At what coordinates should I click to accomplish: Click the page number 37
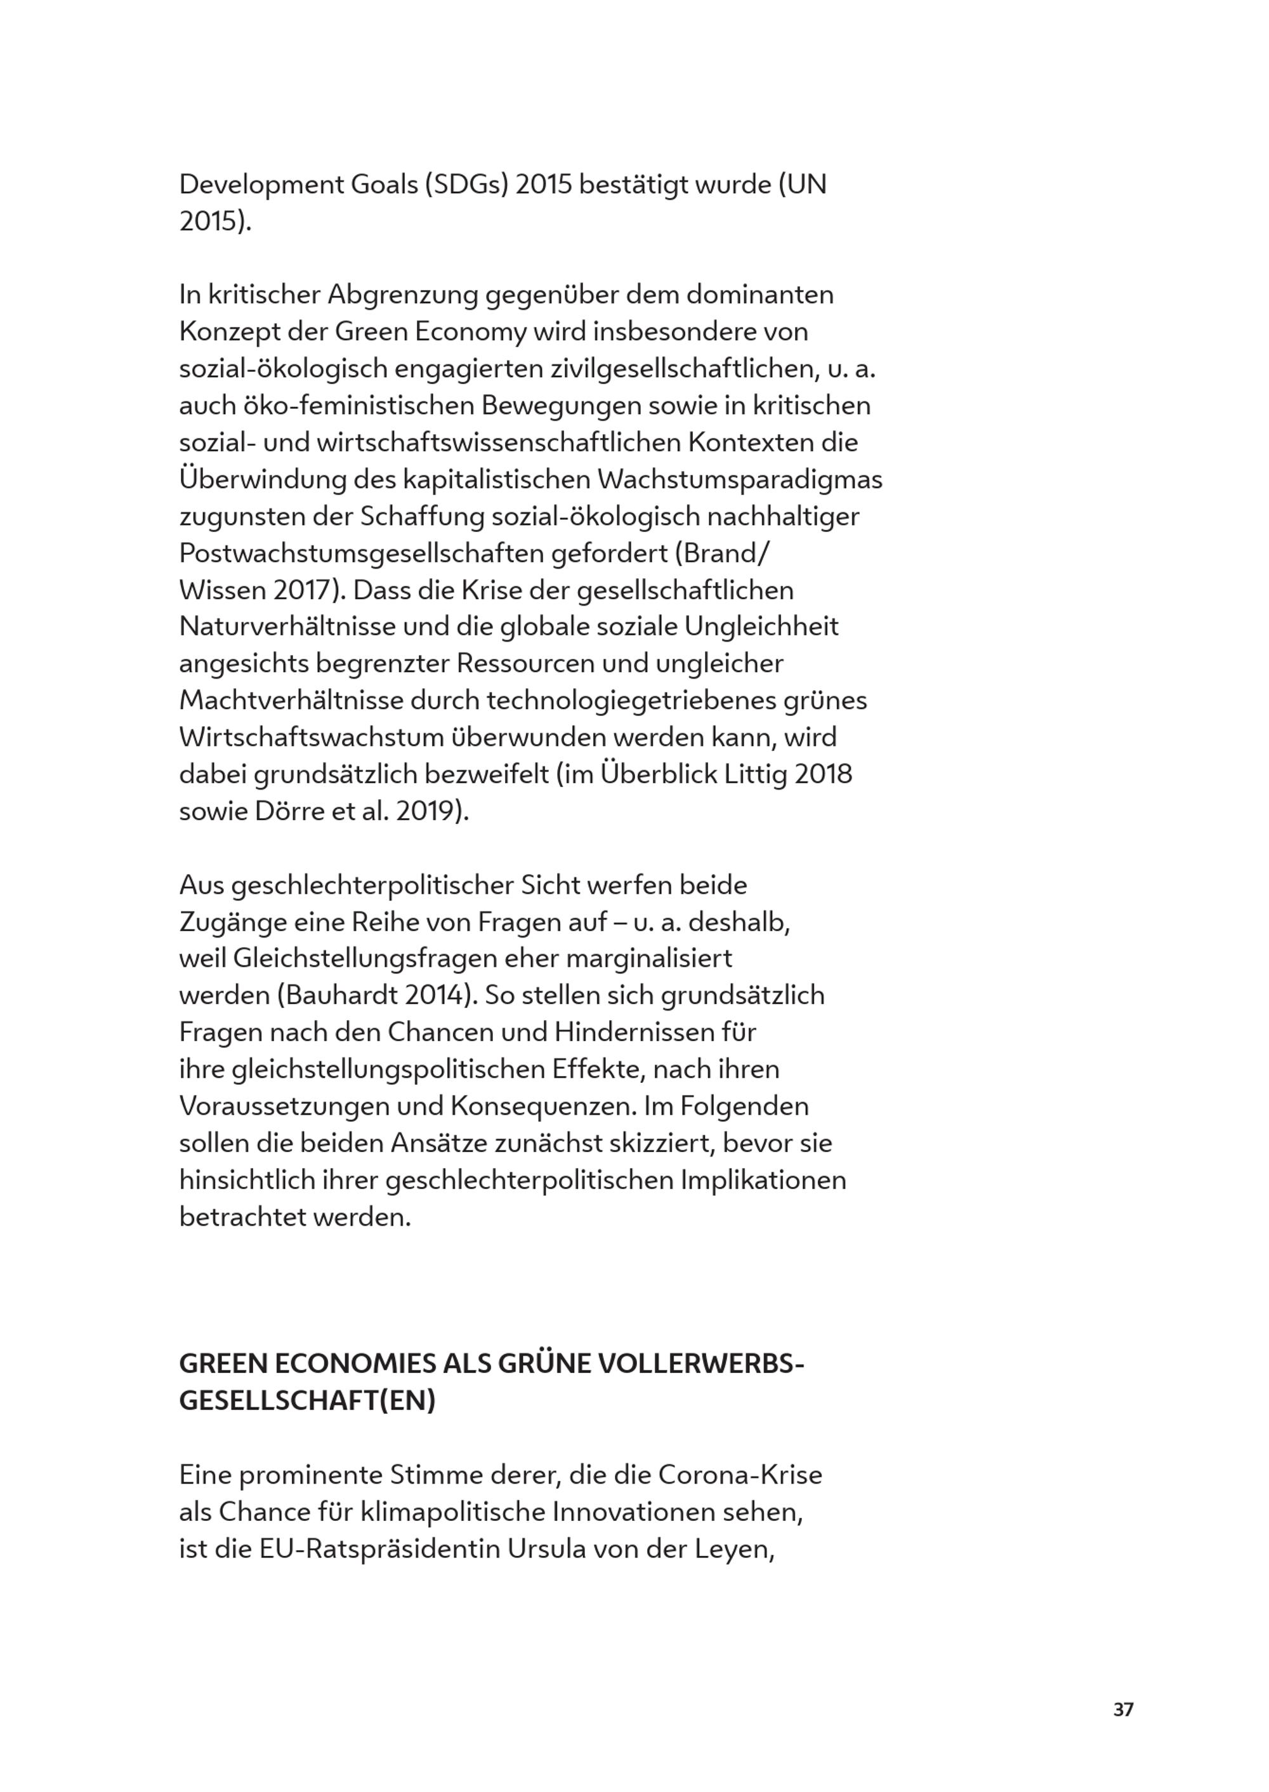click(1123, 1709)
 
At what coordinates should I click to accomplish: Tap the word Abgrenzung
click(402, 296)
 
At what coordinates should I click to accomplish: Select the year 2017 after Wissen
click(303, 590)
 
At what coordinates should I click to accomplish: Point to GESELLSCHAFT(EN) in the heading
click(307, 1401)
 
